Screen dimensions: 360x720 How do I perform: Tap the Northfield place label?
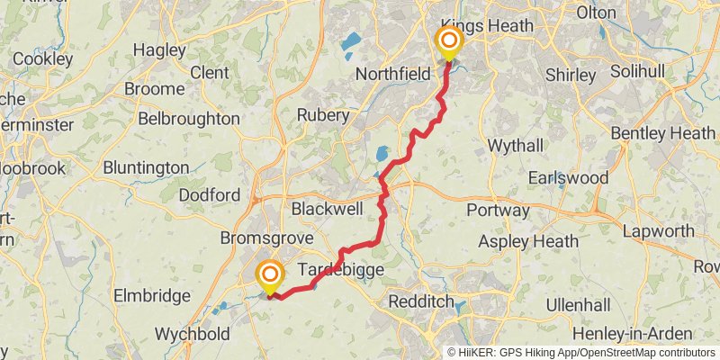(x=393, y=74)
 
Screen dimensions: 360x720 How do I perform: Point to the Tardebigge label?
(x=341, y=270)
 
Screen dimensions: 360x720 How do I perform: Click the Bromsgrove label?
(x=266, y=238)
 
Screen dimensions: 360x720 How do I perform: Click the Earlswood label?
(x=569, y=177)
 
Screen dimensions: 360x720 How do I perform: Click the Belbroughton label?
(x=189, y=119)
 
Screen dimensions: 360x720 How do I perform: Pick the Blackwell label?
(x=327, y=209)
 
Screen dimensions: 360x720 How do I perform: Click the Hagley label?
(x=159, y=50)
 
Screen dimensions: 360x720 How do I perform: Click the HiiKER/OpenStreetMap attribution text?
(x=581, y=353)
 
